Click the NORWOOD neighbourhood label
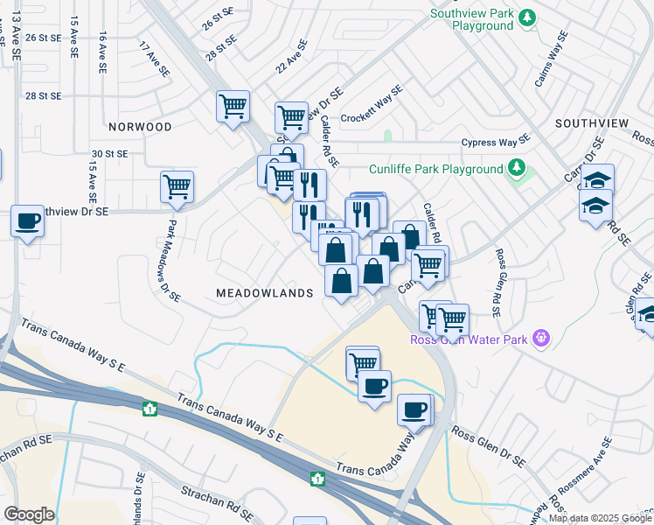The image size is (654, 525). pyautogui.click(x=140, y=127)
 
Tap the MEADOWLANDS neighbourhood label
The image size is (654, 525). pyautogui.click(x=264, y=293)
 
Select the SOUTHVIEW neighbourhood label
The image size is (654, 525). pyautogui.click(x=591, y=123)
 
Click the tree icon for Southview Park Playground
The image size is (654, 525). pyautogui.click(x=526, y=17)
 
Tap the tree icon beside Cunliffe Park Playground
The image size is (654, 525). pyautogui.click(x=517, y=168)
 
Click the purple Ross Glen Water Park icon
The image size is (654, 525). pyautogui.click(x=542, y=337)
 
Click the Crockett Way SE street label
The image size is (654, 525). pyautogui.click(x=371, y=103)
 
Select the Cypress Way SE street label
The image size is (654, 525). pyautogui.click(x=496, y=141)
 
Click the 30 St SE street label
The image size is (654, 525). pyautogui.click(x=111, y=153)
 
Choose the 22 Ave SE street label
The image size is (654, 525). pyautogui.click(x=292, y=57)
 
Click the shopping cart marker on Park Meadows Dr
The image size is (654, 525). pyautogui.click(x=177, y=186)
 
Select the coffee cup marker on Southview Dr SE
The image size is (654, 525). pyautogui.click(x=27, y=220)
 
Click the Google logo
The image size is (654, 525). pyautogui.click(x=29, y=514)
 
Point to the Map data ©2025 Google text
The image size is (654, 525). pyautogui.click(x=600, y=518)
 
